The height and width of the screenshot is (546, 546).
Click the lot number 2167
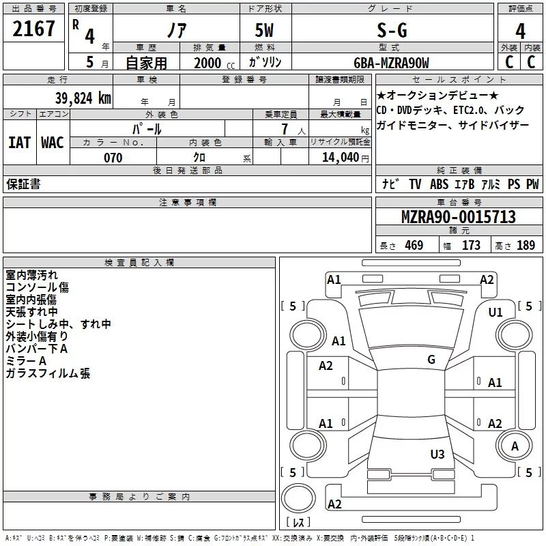tap(35, 29)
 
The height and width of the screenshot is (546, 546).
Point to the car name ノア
tap(175, 30)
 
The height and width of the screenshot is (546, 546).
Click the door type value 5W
tap(265, 30)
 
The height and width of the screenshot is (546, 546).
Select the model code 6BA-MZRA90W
tap(392, 63)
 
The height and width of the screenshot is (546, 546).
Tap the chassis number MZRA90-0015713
tap(459, 217)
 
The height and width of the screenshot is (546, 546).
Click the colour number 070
tap(113, 158)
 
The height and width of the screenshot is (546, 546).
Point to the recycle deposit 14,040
tap(343, 158)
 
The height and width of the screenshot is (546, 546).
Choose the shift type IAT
tap(19, 142)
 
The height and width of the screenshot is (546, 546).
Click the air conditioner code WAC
tap(52, 142)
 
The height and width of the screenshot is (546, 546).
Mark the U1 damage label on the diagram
tap(495, 312)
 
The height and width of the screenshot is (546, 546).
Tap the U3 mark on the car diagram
tap(437, 454)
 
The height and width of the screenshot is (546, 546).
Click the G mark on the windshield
tap(431, 360)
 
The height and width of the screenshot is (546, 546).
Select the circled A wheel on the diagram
tap(515, 446)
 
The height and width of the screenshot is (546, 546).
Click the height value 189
tap(526, 246)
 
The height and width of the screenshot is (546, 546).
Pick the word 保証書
tap(23, 184)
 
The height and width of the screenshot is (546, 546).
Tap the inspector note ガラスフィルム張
tap(48, 373)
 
